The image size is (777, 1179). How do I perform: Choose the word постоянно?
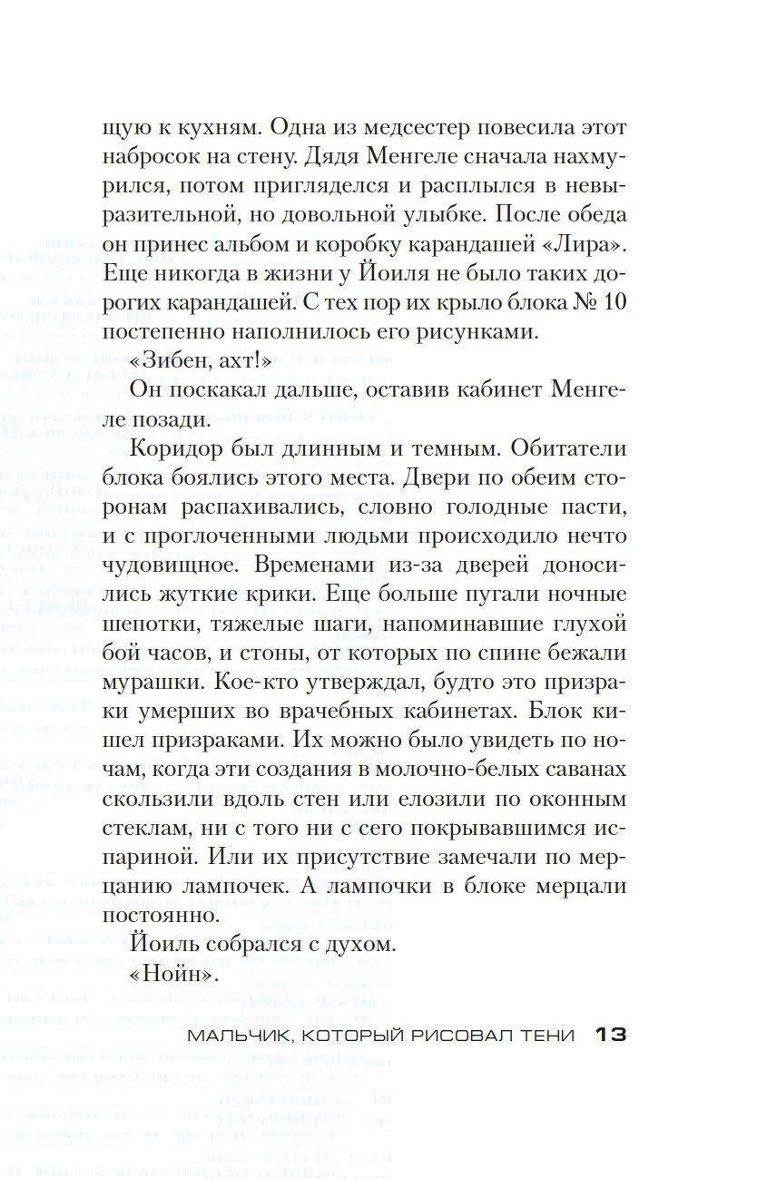162,915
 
